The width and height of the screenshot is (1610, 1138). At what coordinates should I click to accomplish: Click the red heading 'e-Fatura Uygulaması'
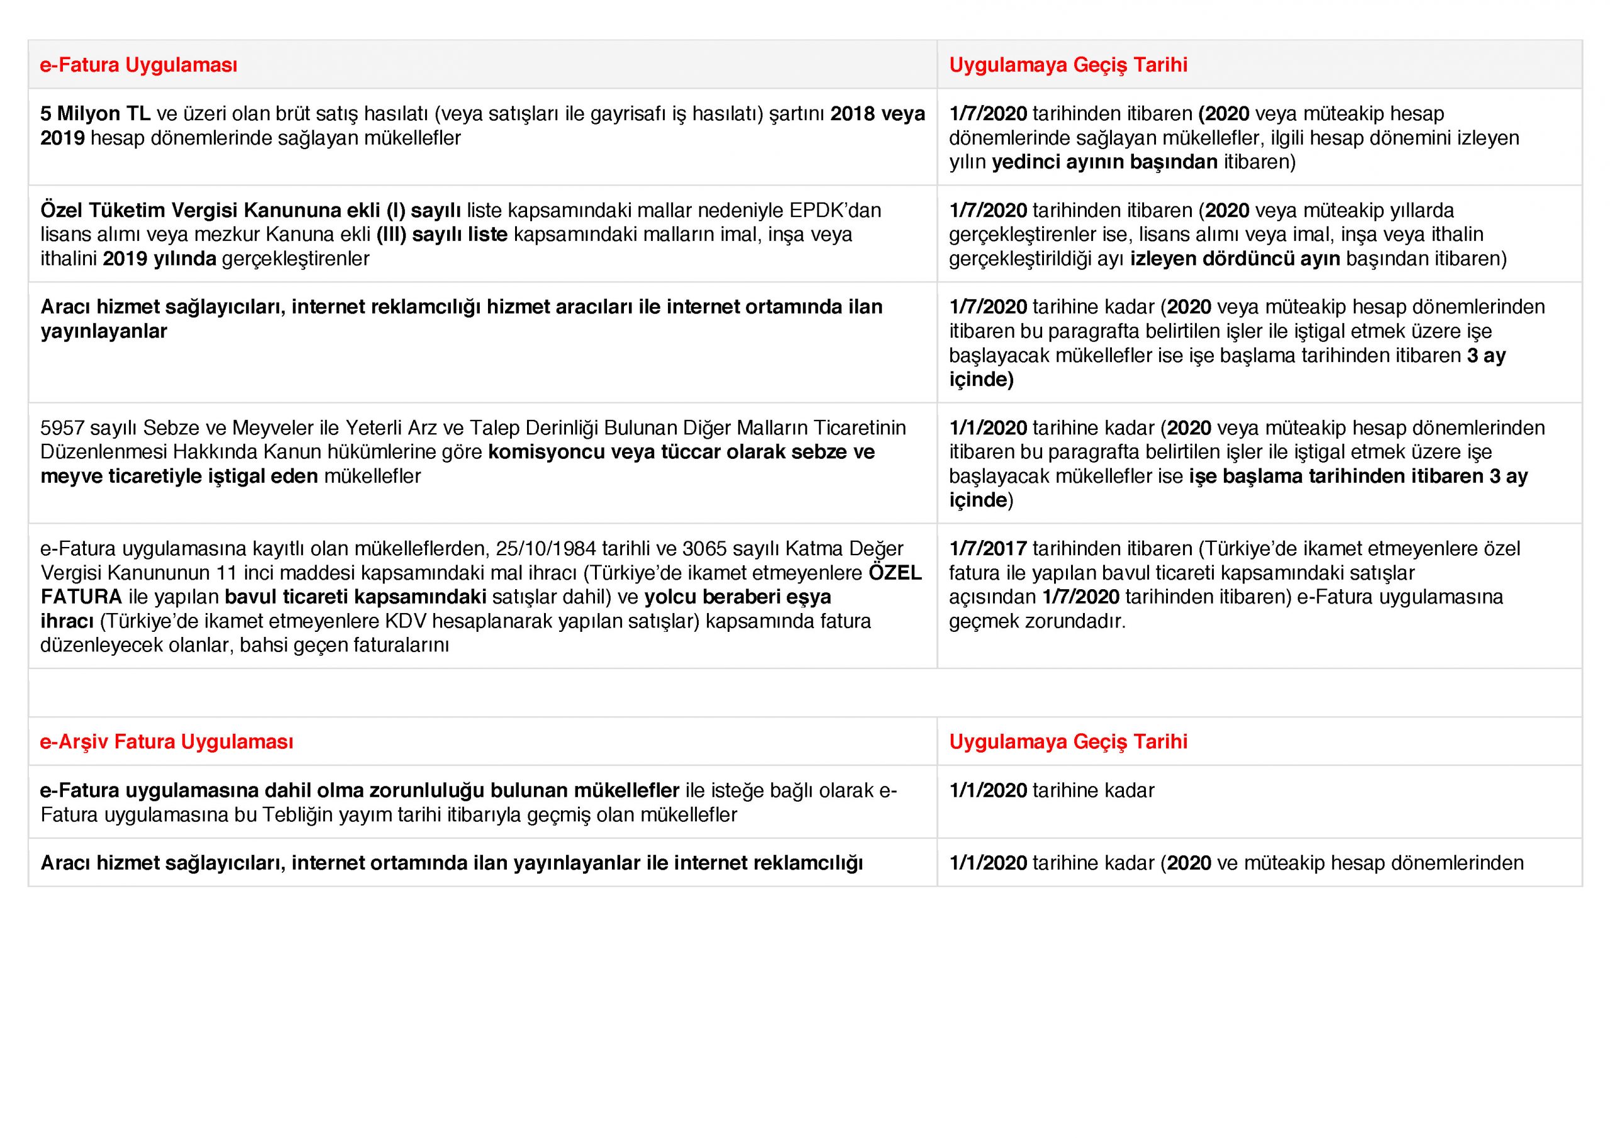pos(138,65)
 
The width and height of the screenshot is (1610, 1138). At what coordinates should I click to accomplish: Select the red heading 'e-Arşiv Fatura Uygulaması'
pos(166,742)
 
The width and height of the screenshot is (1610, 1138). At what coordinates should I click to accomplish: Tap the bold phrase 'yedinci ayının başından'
pos(1104,162)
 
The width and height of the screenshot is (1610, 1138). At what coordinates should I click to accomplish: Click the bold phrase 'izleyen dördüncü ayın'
pos(1235,259)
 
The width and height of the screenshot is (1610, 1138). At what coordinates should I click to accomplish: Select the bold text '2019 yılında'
pos(159,259)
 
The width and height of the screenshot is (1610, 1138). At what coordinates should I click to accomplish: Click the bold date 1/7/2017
pos(988,548)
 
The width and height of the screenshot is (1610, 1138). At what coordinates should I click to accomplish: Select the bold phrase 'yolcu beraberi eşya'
pos(737,597)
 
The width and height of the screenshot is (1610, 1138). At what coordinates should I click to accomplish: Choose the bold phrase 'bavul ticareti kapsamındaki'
pos(355,597)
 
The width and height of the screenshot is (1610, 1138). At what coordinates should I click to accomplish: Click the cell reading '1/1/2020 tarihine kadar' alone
pos(1051,790)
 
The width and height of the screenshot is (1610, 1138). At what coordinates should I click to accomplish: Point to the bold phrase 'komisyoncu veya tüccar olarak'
pos(636,452)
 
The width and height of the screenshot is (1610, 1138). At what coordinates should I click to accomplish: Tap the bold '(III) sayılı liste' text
pos(441,234)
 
